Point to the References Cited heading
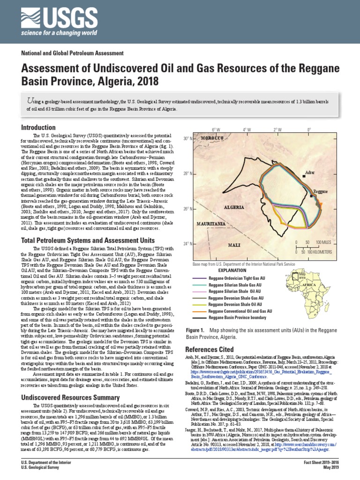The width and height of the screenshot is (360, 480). pos(209,350)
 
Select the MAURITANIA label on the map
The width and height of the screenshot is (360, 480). pos(211,224)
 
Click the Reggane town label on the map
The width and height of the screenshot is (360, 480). pos(320,192)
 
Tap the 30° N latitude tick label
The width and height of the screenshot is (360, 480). pos(188,139)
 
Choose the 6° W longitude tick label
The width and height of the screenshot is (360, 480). pos(216,129)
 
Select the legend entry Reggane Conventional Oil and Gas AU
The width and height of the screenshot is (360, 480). pos(240,311)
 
